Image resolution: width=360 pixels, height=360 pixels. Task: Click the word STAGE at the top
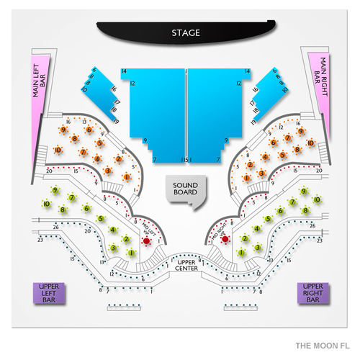[186, 33]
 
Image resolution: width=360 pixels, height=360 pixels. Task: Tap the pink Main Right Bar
[318, 84]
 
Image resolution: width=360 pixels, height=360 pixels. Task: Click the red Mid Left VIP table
[147, 239]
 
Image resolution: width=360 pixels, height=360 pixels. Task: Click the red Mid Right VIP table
[225, 238]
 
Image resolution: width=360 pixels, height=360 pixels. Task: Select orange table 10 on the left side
[58, 149]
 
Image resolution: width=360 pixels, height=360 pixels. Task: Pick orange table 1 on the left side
[127, 177]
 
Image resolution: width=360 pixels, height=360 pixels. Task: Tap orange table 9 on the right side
[302, 131]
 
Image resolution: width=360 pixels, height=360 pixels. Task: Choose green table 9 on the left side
[55, 190]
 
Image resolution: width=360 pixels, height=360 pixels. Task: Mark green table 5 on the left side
[101, 218]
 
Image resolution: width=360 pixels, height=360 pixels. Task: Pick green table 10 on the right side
[317, 200]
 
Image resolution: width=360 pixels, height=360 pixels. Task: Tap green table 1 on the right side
[241, 252]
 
